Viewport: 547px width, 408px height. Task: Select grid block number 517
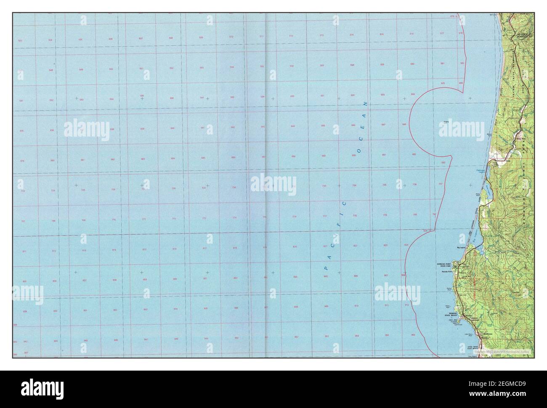[442, 33]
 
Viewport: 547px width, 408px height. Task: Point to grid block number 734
[354, 185]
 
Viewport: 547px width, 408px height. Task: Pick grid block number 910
[356, 306]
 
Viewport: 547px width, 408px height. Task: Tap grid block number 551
[141, 68]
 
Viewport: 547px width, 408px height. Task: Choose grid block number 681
[83, 160]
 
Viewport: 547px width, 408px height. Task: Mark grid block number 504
[50, 40]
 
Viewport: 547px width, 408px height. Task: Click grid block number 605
[443, 83]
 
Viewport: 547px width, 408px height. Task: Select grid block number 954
[357, 336]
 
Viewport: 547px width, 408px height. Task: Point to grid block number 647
[383, 125]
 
